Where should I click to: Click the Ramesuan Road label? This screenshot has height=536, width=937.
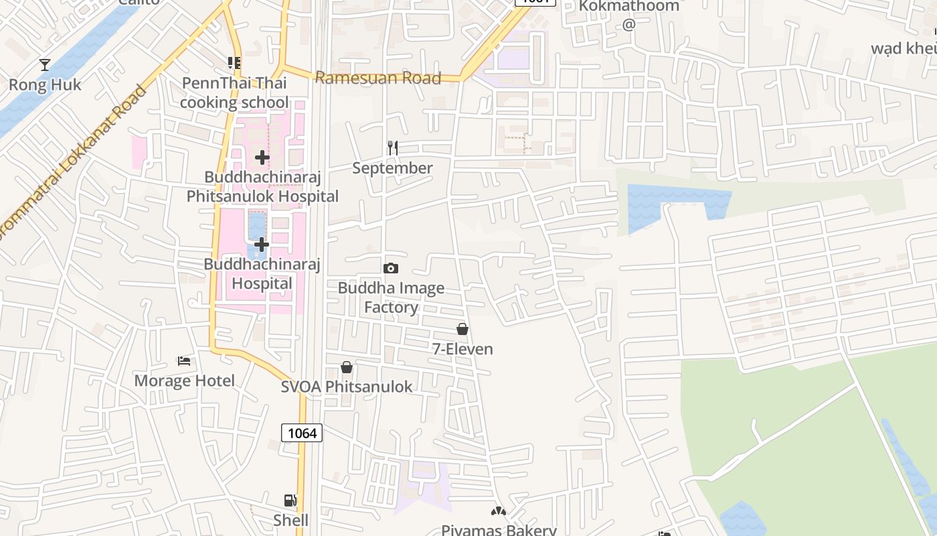point(377,78)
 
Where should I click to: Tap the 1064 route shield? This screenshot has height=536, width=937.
point(302,433)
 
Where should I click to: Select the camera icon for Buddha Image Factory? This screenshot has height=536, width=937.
point(391,269)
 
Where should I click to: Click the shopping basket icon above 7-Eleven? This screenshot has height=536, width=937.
point(462,329)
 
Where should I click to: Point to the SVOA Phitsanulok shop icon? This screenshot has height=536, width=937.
point(347,367)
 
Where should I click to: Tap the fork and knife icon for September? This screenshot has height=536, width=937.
point(393,147)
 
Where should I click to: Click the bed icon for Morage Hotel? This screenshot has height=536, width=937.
point(184,361)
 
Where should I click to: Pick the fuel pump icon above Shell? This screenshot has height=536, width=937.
point(290,500)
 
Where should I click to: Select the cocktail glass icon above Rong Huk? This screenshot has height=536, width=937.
point(45,65)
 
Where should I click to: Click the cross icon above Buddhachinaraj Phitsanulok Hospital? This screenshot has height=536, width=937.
point(262,157)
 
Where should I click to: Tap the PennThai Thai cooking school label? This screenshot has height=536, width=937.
point(234,92)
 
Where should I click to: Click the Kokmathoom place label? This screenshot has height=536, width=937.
point(628,6)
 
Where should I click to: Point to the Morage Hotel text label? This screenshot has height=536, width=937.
point(185,381)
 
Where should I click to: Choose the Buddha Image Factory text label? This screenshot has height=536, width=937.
point(391,297)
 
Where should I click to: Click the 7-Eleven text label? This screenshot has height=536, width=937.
point(462,349)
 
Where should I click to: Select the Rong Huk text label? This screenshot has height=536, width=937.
point(45,85)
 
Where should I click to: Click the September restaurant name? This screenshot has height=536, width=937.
point(393,168)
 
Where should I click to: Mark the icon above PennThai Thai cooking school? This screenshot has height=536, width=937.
point(234,63)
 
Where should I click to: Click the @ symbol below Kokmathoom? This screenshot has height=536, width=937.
point(628,25)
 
